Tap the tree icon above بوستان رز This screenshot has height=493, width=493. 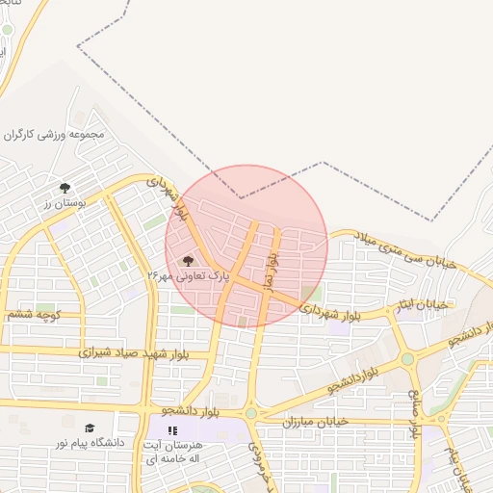65,188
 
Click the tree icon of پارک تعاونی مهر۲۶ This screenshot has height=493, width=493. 188,261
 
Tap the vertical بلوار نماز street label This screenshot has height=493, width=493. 272,256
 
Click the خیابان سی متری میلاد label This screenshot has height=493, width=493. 405,249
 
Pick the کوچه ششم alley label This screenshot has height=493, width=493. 34,315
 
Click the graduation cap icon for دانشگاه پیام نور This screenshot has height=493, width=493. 90,428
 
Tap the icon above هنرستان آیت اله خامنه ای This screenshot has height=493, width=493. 173,430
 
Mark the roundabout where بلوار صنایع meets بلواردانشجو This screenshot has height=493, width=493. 407,359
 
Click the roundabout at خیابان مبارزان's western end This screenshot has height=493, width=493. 251,413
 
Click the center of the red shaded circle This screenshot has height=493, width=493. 246,246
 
